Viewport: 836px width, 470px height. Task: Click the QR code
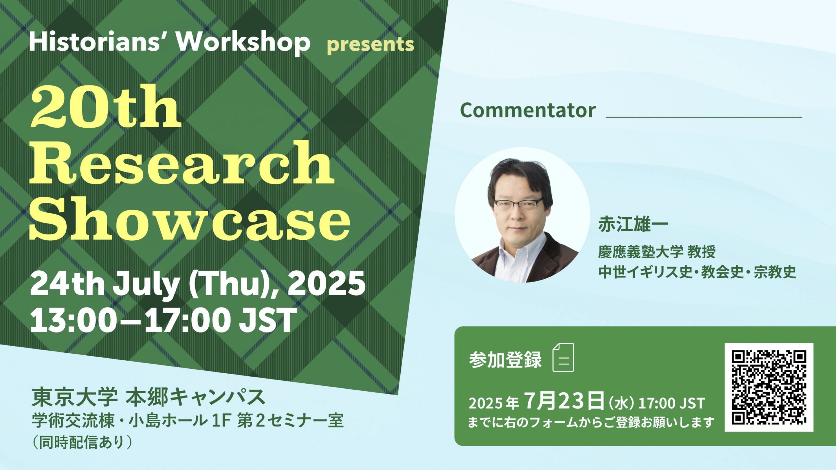pyautogui.click(x=769, y=387)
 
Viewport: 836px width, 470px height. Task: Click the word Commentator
pyautogui.click(x=528, y=110)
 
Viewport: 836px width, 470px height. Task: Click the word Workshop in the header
pyautogui.click(x=244, y=42)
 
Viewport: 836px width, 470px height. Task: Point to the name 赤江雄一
pyautogui.click(x=633, y=225)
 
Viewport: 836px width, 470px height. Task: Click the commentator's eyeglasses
pyautogui.click(x=519, y=204)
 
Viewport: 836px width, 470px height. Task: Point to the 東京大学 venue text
pyautogui.click(x=74, y=397)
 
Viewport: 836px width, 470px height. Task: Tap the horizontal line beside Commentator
pyautogui.click(x=704, y=117)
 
